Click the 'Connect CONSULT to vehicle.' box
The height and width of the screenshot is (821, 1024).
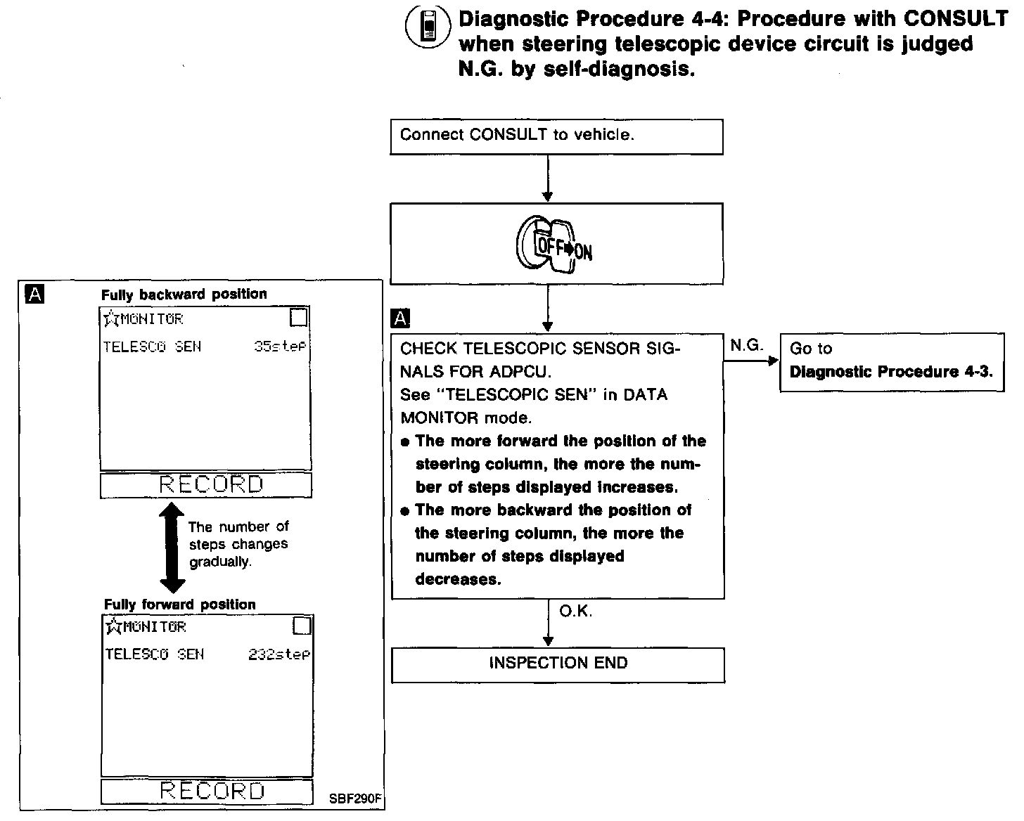pos(556,136)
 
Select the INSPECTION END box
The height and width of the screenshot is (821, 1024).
pos(558,664)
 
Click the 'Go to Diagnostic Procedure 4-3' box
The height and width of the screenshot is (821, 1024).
pos(892,361)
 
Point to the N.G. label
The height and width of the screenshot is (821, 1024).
pos(746,346)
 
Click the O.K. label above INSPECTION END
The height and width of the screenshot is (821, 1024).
pos(575,612)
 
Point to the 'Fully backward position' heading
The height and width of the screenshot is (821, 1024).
pos(184,295)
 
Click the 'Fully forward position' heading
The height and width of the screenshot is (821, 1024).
pos(180,605)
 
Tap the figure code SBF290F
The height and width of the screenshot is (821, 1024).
pos(356,799)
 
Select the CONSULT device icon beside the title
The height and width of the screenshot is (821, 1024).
pos(426,29)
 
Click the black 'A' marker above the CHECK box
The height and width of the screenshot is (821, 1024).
pos(400,319)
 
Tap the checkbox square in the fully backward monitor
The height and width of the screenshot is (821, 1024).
pos(299,318)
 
